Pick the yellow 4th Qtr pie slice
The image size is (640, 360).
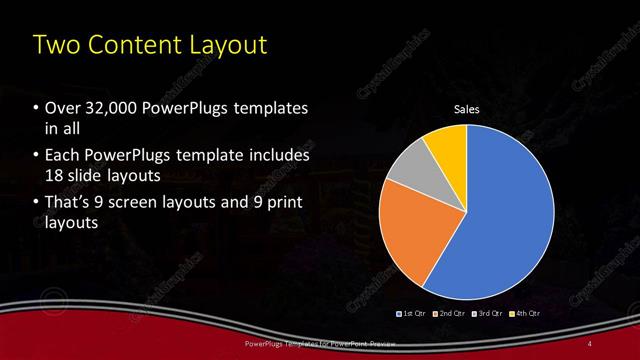[446, 146]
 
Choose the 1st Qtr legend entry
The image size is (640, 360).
[413, 313]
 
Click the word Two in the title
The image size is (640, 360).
[55, 45]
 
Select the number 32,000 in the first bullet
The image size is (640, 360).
[109, 107]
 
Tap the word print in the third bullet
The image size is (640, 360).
[281, 203]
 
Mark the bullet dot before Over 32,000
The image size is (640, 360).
[37, 108]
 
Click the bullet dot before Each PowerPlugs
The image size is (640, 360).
[37, 156]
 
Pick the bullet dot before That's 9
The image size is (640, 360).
[37, 204]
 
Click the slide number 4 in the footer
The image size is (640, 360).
[591, 344]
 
